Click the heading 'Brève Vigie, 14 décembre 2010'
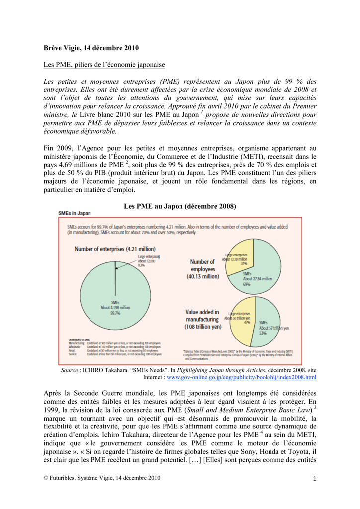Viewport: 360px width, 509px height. pyautogui.click(x=91, y=48)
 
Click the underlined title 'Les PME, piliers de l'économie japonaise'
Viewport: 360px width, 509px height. pyautogui.click(x=104, y=65)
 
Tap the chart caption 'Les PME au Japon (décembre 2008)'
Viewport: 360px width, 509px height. pyautogui.click(x=180, y=206)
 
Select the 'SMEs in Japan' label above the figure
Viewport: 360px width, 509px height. pyautogui.click(x=75, y=213)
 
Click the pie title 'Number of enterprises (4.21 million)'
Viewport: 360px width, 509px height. pyautogui.click(x=115, y=249)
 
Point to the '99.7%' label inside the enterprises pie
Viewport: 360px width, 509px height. pyautogui.click(x=115, y=313)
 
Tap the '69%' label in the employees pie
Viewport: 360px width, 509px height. pyautogui.click(x=247, y=284)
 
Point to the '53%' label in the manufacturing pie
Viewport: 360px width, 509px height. pyautogui.click(x=263, y=333)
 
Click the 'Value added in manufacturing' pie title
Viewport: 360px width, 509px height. pyautogui.click(x=203, y=320)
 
